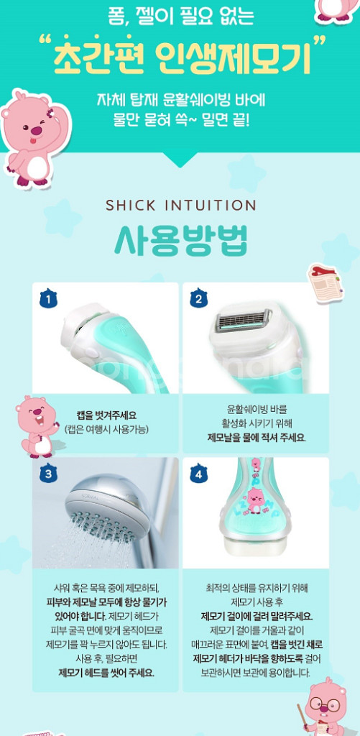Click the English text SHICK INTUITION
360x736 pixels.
tap(180, 206)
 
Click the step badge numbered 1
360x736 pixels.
tap(48, 298)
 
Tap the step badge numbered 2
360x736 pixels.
tap(198, 298)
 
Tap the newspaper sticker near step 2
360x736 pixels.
tap(323, 280)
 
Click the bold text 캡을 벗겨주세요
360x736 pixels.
tap(106, 415)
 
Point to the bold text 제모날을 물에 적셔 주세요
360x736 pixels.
tap(257, 437)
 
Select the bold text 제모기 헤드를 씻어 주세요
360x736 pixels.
tap(106, 673)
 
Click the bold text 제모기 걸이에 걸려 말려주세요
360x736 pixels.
tap(257, 616)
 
